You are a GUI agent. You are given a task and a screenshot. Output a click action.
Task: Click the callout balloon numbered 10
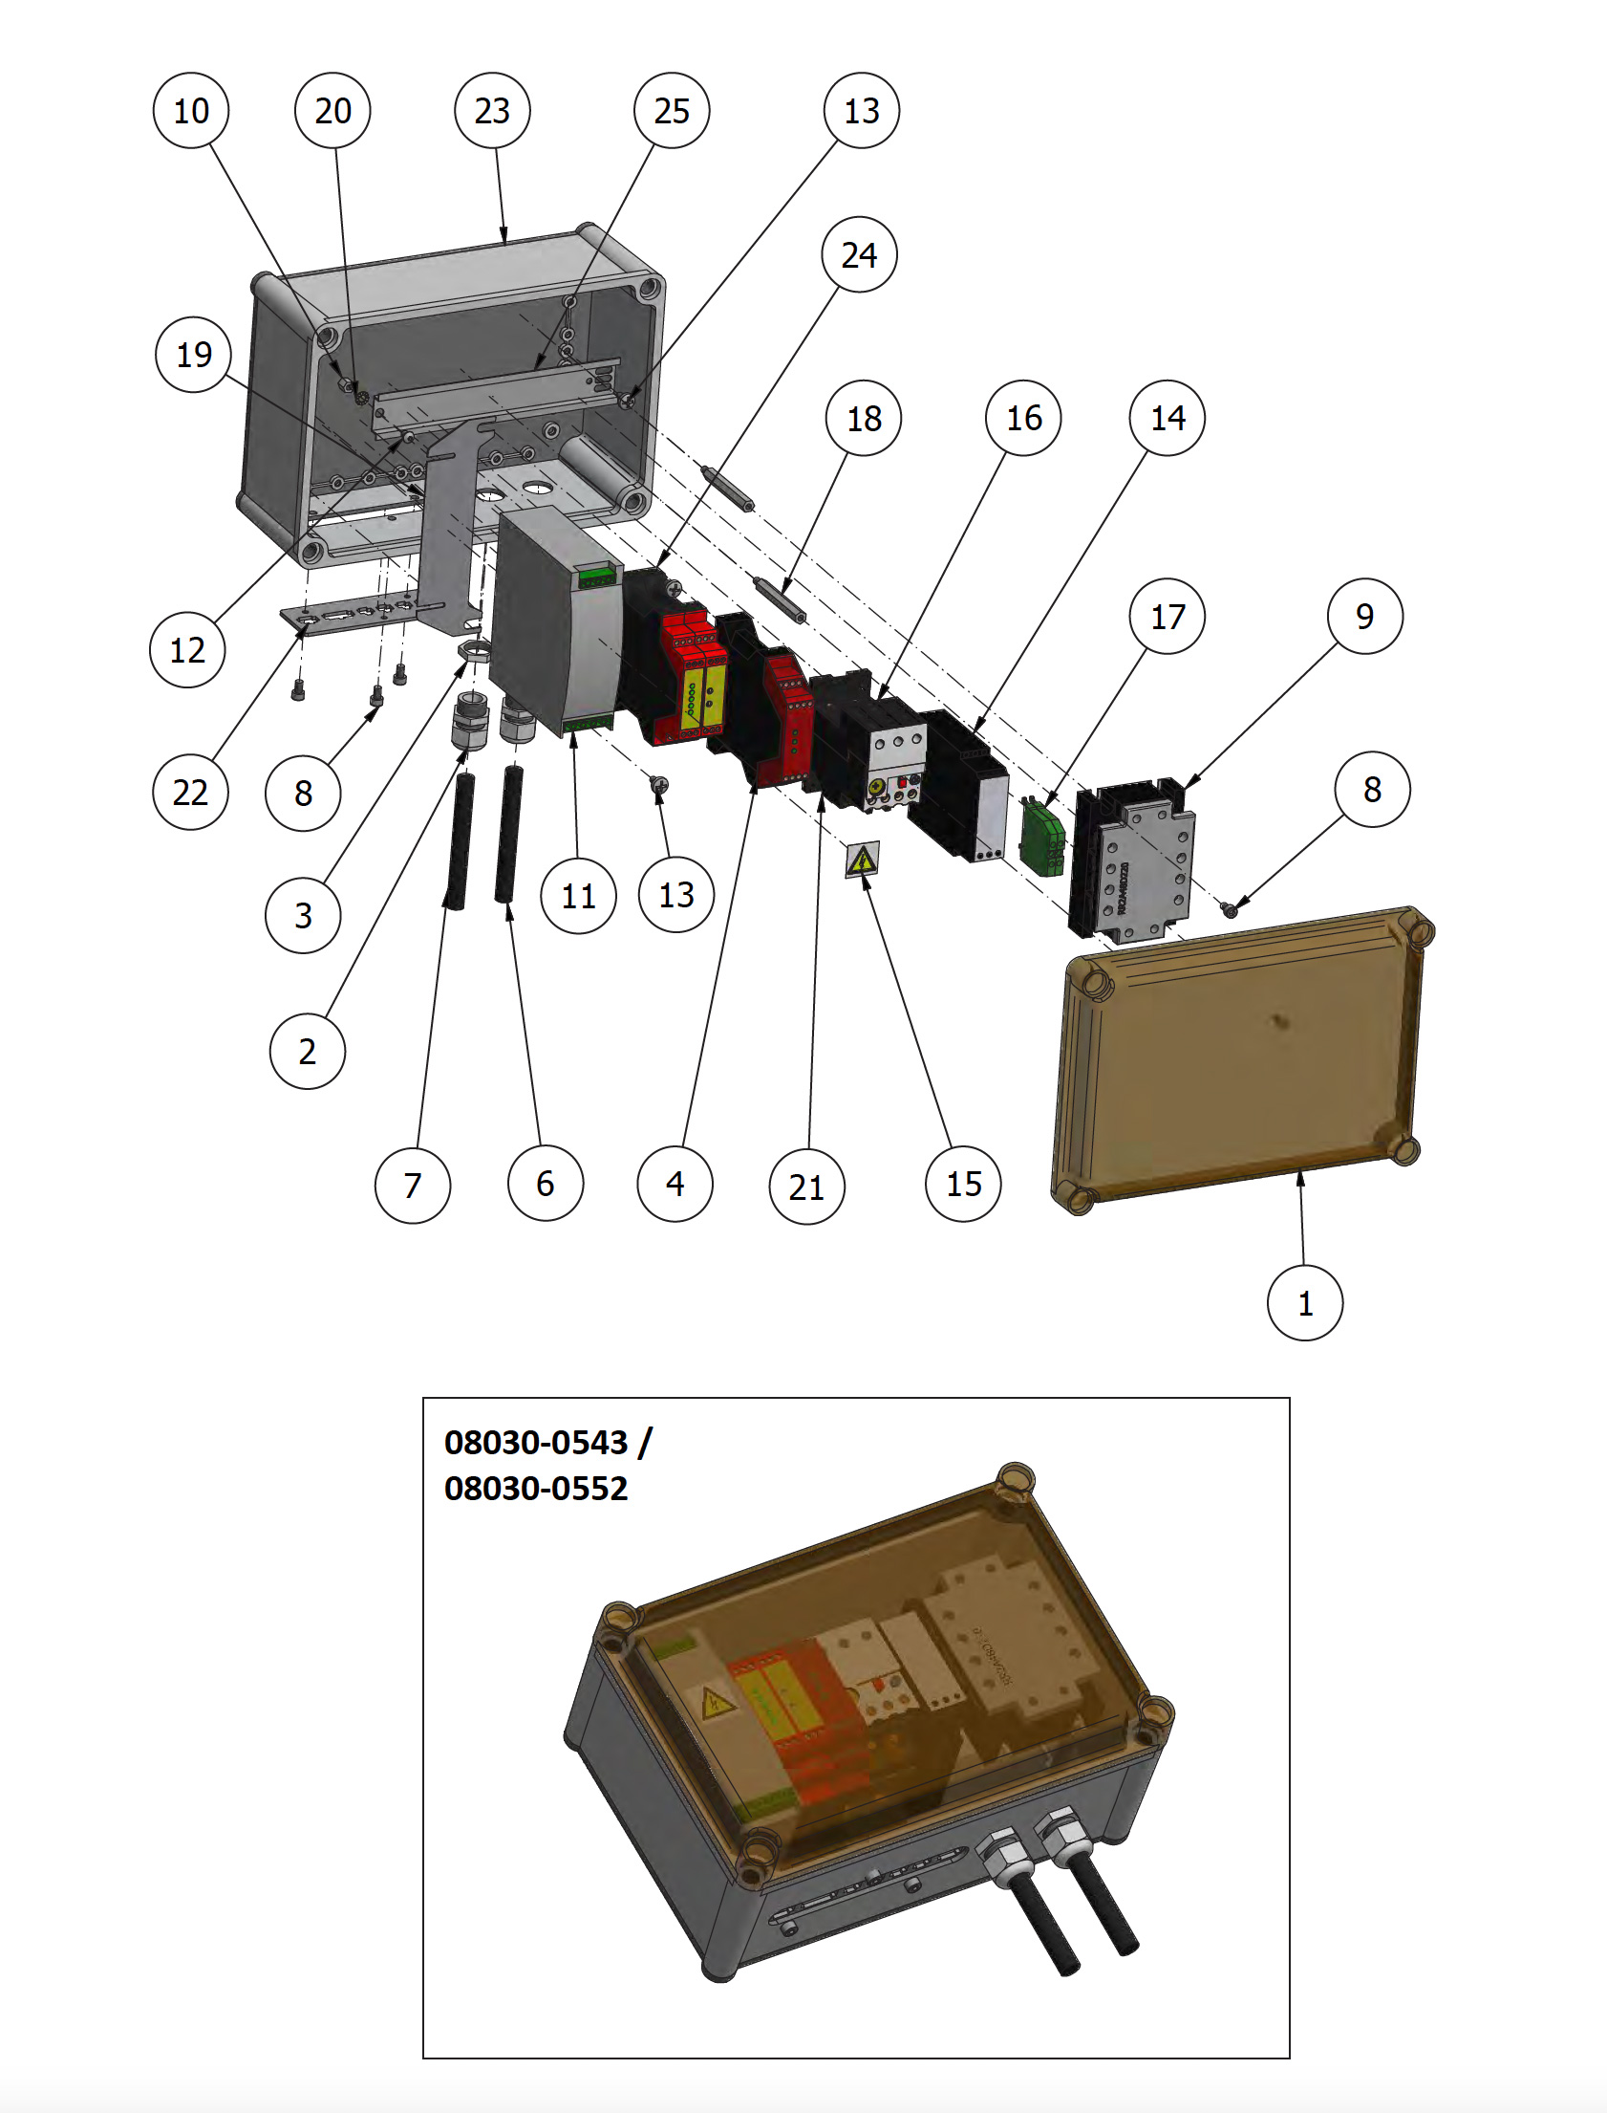[191, 111]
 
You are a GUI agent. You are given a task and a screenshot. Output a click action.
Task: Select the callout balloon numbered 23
[493, 111]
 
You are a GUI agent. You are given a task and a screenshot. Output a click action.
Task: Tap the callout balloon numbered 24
[859, 254]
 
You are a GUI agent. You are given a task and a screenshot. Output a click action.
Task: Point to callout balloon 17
[1167, 617]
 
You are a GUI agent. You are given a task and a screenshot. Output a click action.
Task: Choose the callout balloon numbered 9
[1365, 617]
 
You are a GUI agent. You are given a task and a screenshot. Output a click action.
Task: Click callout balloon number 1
[1305, 1302]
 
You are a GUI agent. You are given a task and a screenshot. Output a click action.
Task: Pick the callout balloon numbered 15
[963, 1184]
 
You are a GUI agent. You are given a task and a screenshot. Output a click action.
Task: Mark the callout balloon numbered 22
[190, 792]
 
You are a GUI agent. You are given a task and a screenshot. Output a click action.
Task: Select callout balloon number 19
[194, 355]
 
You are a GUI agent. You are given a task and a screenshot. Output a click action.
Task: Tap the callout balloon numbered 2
[307, 1051]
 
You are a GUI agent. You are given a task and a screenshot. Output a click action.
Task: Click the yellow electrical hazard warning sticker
[863, 860]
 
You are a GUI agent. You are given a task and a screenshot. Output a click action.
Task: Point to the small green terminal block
[1042, 836]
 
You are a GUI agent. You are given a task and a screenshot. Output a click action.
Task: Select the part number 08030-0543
[536, 1442]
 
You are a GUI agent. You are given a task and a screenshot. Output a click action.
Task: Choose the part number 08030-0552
[536, 1488]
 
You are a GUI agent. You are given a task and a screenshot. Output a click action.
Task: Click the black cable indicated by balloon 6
[508, 833]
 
